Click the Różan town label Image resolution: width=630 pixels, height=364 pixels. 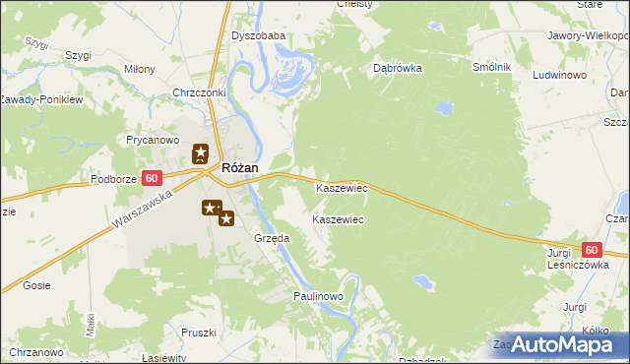point(240,168)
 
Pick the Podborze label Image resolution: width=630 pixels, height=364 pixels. point(112,179)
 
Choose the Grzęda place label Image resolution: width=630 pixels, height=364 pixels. point(272,238)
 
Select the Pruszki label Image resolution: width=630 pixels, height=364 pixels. point(198,333)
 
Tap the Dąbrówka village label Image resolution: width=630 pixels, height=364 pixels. point(398,69)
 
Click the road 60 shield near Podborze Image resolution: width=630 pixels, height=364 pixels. point(152,178)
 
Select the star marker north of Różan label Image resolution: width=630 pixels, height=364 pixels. point(201,153)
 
